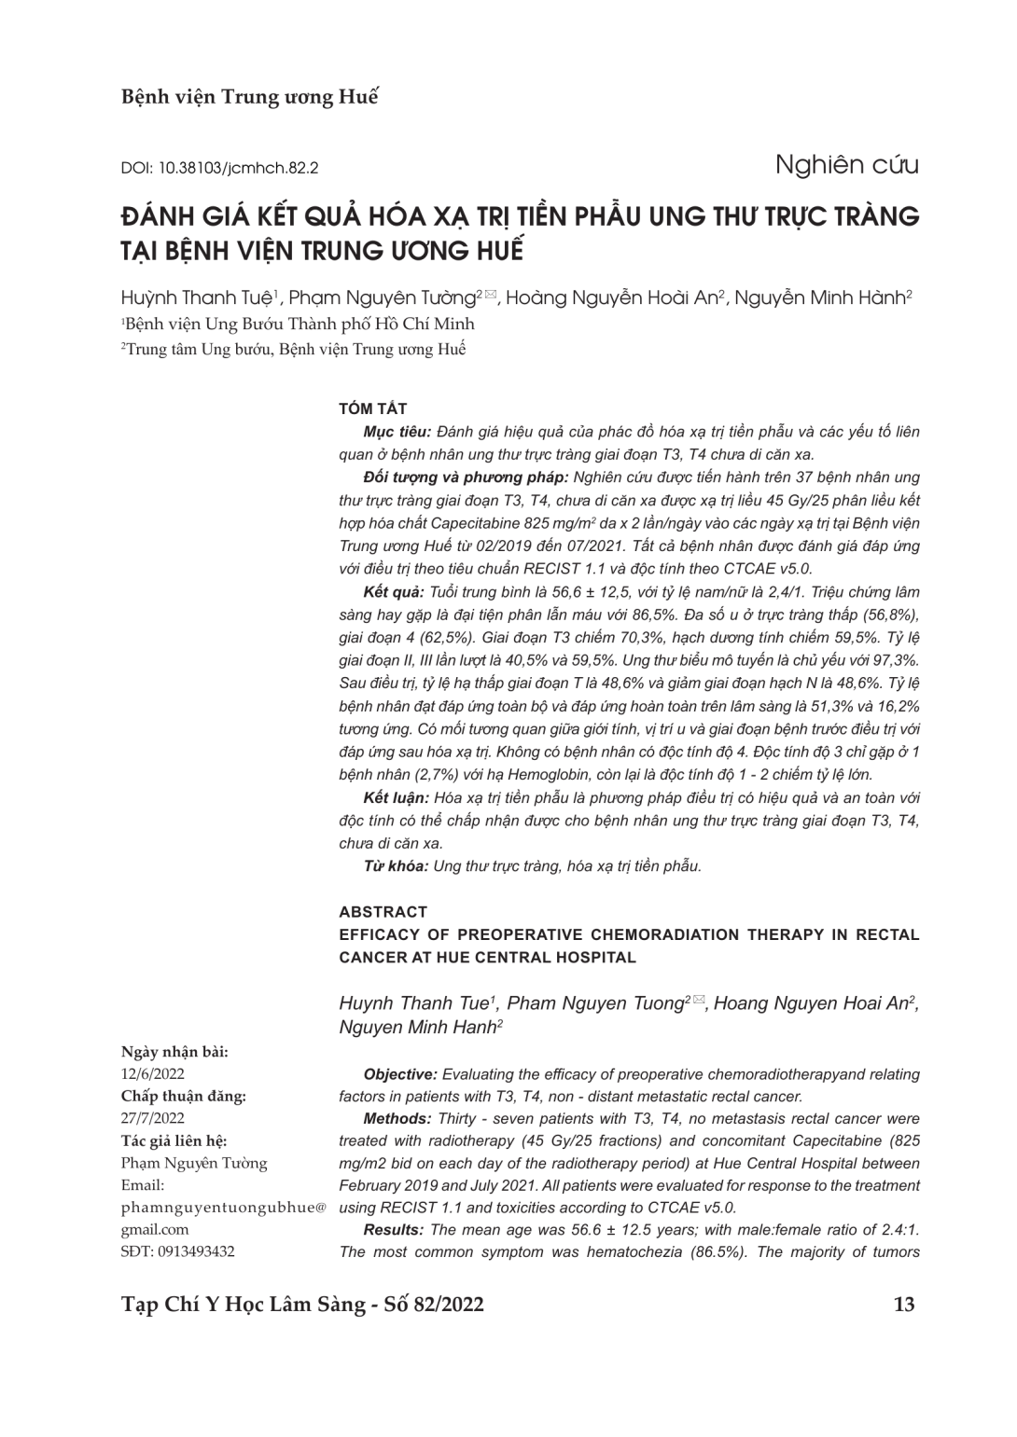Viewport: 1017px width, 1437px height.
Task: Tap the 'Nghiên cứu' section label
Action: click(x=846, y=165)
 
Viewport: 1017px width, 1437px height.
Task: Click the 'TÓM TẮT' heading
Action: click(x=372, y=408)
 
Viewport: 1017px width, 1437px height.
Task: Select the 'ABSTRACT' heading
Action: click(x=383, y=911)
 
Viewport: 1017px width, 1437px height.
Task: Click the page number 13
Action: click(x=904, y=1304)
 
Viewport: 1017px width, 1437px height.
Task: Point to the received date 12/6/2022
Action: click(x=153, y=1073)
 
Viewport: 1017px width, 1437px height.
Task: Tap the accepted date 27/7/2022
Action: click(x=153, y=1118)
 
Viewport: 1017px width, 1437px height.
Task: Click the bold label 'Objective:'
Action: click(x=399, y=1074)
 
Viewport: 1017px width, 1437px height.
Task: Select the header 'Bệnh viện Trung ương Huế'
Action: click(x=250, y=97)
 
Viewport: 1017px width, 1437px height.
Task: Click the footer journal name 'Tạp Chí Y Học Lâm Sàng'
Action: click(x=243, y=1304)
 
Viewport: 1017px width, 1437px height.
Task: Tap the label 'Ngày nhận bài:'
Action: click(x=174, y=1052)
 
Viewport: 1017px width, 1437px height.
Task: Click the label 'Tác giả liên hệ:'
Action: click(x=174, y=1140)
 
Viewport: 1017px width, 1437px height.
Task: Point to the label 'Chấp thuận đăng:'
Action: click(x=184, y=1096)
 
